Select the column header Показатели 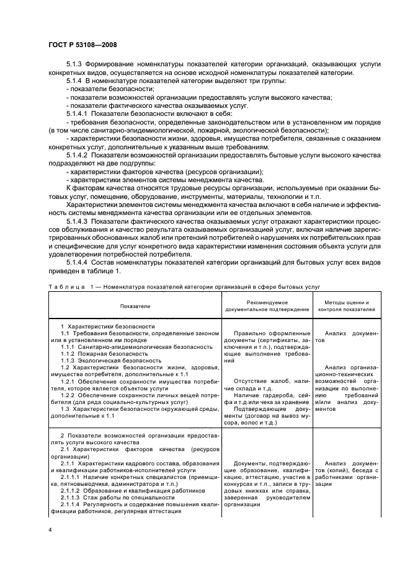[x=135, y=306]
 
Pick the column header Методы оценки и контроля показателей [x=343, y=305]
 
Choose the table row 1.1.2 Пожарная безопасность [x=104, y=353]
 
